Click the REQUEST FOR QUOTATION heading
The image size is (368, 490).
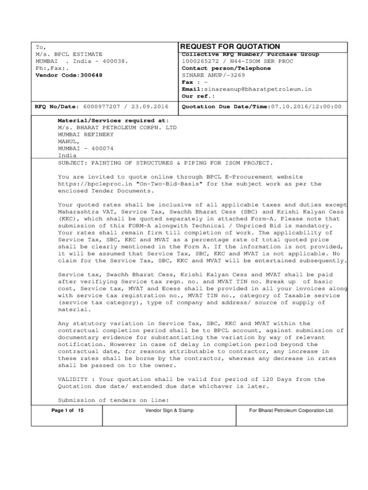pyautogui.click(x=230, y=46)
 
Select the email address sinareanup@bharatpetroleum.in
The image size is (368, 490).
pyautogui.click(x=258, y=89)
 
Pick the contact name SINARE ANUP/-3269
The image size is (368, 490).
pyautogui.click(x=213, y=75)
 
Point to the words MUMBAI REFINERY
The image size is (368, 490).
pyautogui.click(x=86, y=134)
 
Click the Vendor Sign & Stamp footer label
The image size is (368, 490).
pyautogui.click(x=170, y=411)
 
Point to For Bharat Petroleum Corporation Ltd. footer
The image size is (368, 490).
pyautogui.click(x=292, y=411)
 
